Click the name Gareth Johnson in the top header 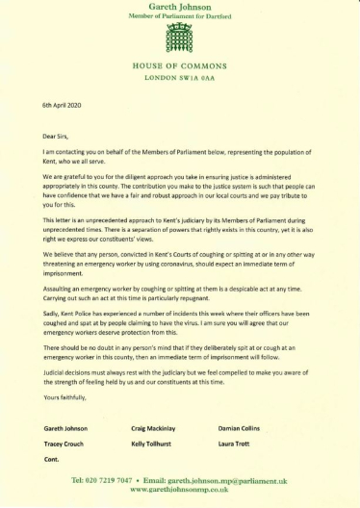[181, 7]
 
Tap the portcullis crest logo [181, 38]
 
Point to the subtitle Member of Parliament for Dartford [181, 16]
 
